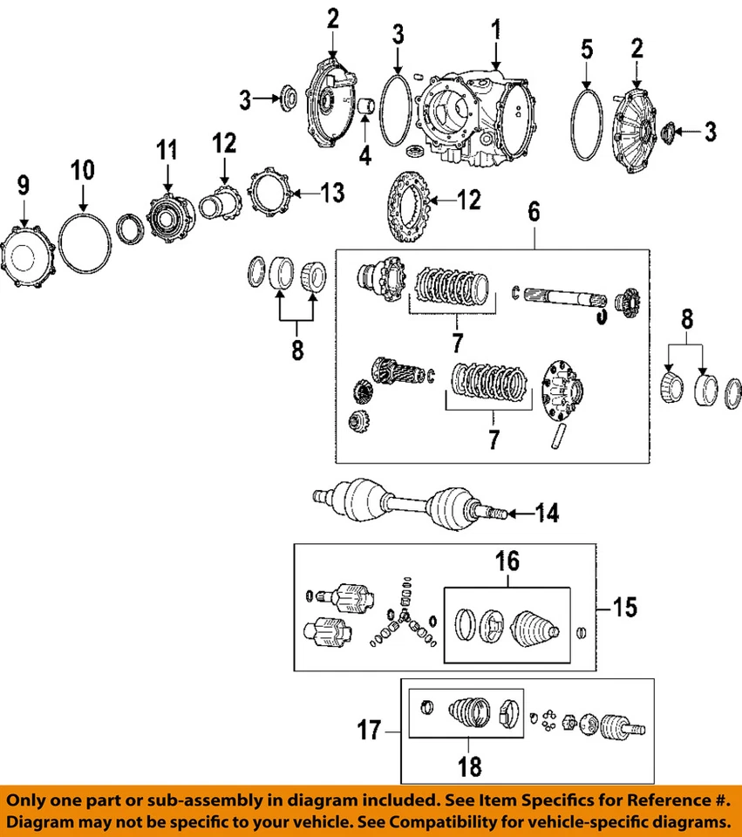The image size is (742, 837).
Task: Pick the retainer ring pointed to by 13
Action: [x=267, y=193]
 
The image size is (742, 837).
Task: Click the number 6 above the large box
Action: [x=534, y=211]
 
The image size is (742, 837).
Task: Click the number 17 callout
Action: [x=371, y=730]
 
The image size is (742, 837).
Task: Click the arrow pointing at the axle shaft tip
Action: [x=521, y=514]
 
